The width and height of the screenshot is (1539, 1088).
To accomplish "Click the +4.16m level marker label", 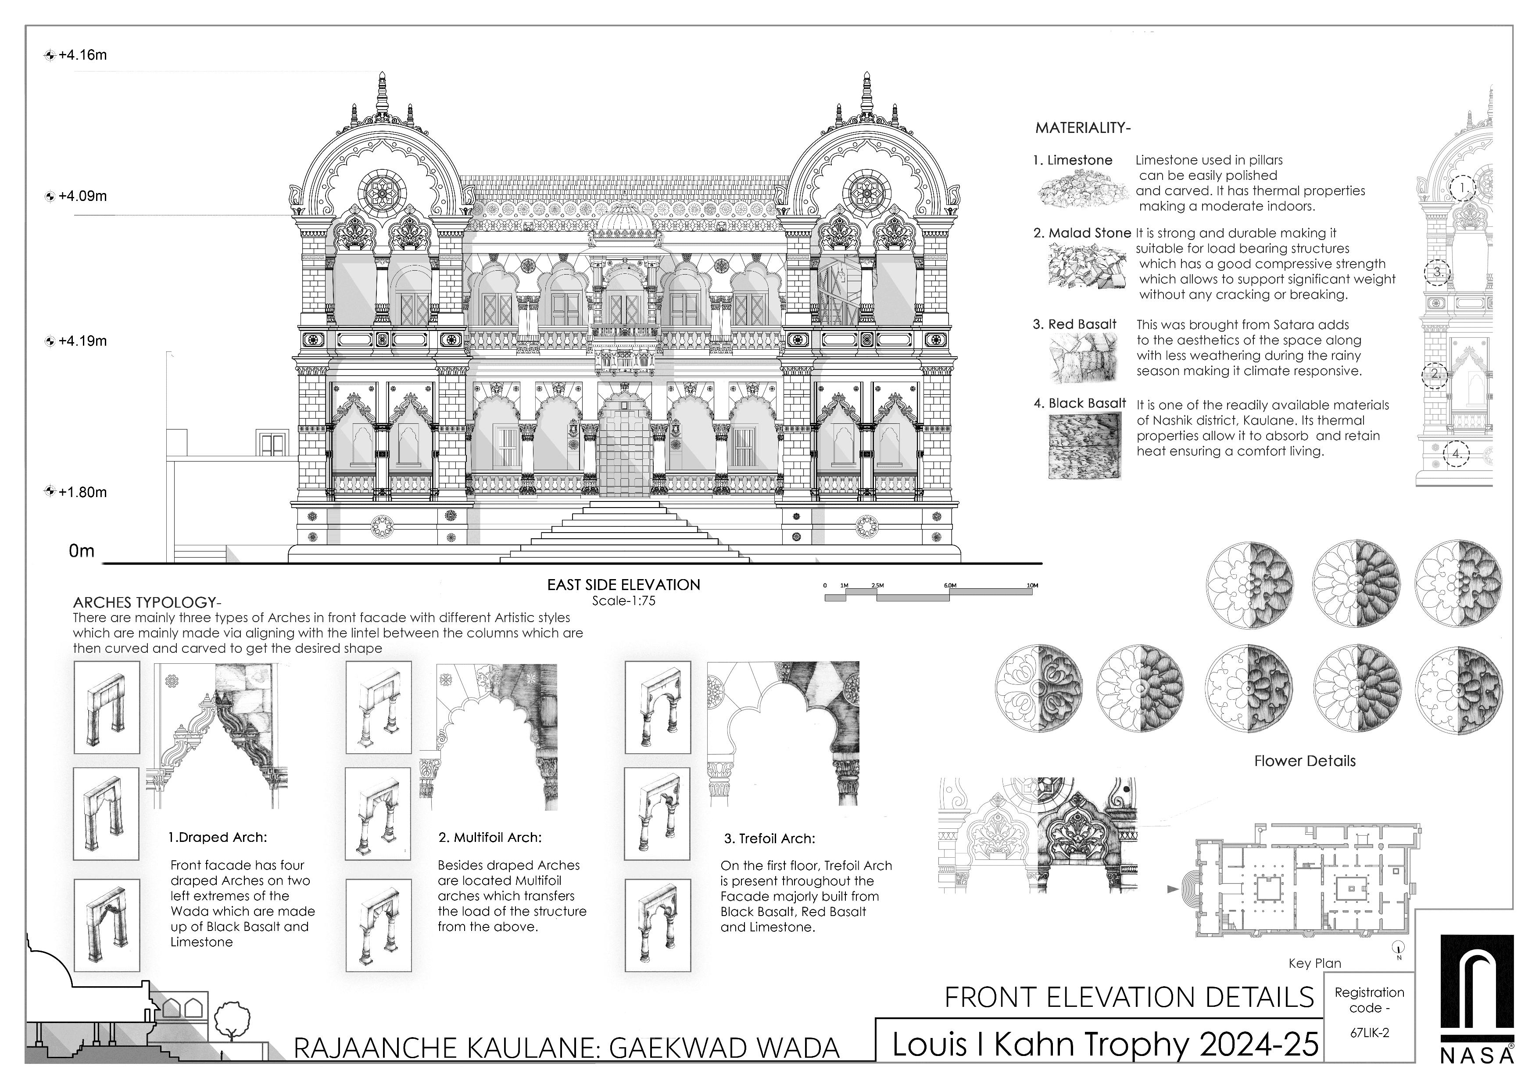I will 82,55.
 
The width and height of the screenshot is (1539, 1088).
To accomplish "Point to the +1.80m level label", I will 82,492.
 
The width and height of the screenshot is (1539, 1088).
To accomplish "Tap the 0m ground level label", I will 81,551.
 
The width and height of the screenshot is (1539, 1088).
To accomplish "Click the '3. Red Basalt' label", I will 1074,325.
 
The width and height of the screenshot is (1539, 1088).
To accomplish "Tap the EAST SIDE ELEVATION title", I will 623,584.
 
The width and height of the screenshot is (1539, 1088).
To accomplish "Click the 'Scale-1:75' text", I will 623,601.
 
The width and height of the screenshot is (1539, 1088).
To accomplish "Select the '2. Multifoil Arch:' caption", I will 489,837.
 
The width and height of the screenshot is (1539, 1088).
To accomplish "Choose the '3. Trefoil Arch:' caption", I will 769,839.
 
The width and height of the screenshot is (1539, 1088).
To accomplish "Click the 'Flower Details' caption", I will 1304,761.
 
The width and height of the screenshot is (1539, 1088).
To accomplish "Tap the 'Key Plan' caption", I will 1314,963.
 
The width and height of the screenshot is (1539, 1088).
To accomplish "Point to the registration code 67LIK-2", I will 1369,1033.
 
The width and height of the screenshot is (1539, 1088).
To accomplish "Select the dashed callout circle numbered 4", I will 1456,454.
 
